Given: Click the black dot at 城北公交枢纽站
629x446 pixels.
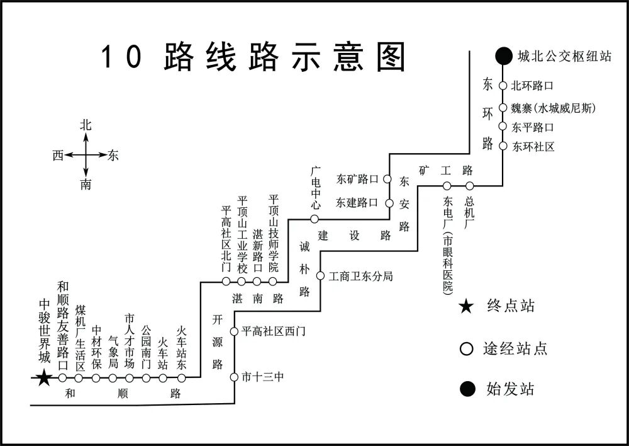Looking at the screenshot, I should [503, 56].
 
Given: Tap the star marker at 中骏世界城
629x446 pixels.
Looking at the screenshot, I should [43, 378].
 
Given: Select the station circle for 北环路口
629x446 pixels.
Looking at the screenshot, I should [503, 86].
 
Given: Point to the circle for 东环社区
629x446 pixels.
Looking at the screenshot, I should [503, 146].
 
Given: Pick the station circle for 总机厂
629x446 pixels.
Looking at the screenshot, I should [469, 186].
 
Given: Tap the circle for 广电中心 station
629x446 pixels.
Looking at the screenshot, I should [314, 219].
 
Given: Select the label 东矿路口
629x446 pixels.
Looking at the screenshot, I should [357, 179].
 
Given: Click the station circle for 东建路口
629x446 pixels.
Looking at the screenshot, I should [389, 203].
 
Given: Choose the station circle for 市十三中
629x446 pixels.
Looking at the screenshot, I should [234, 377].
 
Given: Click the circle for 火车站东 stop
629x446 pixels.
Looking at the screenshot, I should [182, 378].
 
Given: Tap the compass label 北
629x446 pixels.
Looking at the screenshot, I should [86, 125].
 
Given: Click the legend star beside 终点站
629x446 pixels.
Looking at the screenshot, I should [466, 307].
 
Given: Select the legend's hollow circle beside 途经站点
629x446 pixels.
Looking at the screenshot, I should [466, 348].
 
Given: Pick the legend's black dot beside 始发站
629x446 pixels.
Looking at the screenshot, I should [466, 389].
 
